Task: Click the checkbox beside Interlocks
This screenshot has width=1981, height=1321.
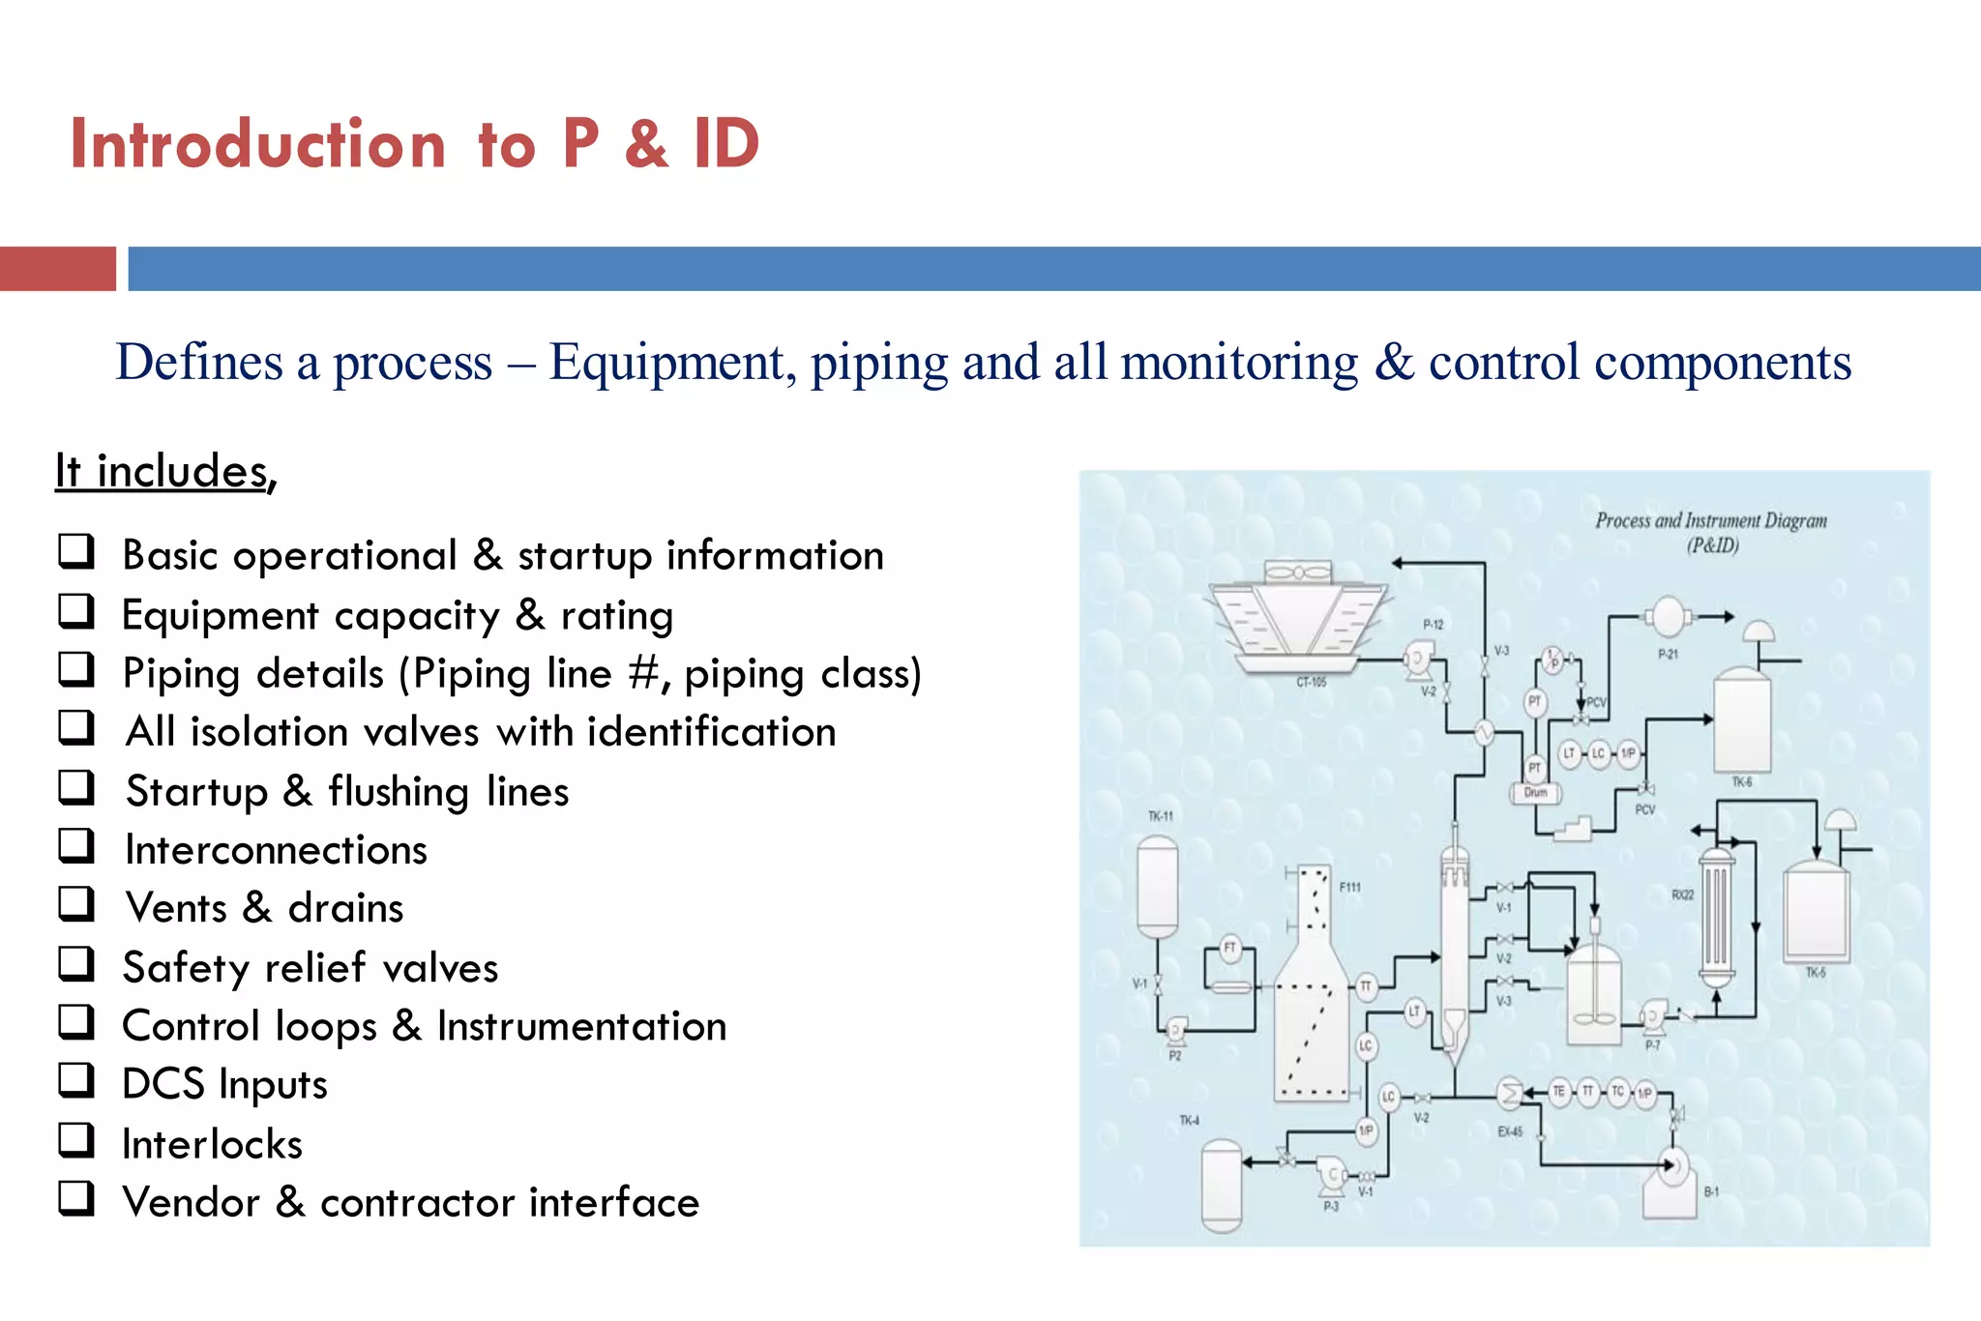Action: click(x=75, y=1140)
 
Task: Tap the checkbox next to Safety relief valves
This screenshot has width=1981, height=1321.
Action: click(x=75, y=964)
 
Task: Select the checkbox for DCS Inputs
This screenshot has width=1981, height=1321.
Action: click(x=75, y=1080)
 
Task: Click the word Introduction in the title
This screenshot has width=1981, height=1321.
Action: click(x=257, y=144)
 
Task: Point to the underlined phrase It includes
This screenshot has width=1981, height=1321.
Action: click(x=164, y=472)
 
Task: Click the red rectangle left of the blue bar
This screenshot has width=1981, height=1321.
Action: click(x=57, y=269)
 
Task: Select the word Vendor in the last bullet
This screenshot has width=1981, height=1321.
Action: click(x=192, y=1202)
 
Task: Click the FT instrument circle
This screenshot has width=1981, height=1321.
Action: click(x=1229, y=948)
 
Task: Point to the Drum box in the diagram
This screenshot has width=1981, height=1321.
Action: click(x=1536, y=793)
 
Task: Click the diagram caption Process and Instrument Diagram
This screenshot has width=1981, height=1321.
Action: click(x=1710, y=521)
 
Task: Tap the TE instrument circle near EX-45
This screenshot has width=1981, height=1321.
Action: click(x=1558, y=1092)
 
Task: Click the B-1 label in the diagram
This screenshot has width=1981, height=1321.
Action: click(x=1711, y=1192)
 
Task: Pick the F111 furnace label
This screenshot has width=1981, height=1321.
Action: click(x=1350, y=887)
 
